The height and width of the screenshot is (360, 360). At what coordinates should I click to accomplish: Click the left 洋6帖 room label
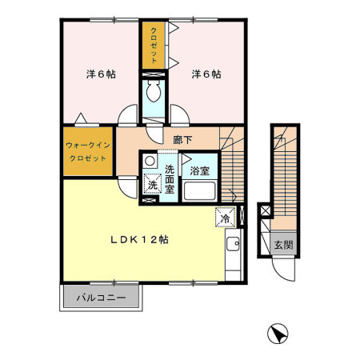pyautogui.click(x=101, y=74)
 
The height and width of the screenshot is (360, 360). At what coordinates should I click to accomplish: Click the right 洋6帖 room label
pyautogui.click(x=206, y=74)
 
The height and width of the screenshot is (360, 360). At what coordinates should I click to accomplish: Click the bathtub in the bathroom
pyautogui.click(x=201, y=192)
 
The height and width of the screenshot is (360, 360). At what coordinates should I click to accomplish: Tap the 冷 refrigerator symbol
pyautogui.click(x=225, y=217)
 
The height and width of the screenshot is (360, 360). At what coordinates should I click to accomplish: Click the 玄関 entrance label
pyautogui.click(x=280, y=245)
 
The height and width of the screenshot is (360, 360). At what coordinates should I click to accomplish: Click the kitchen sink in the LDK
pyautogui.click(x=232, y=248)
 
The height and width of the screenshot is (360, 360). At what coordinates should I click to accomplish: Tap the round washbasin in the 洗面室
pyautogui.click(x=150, y=161)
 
